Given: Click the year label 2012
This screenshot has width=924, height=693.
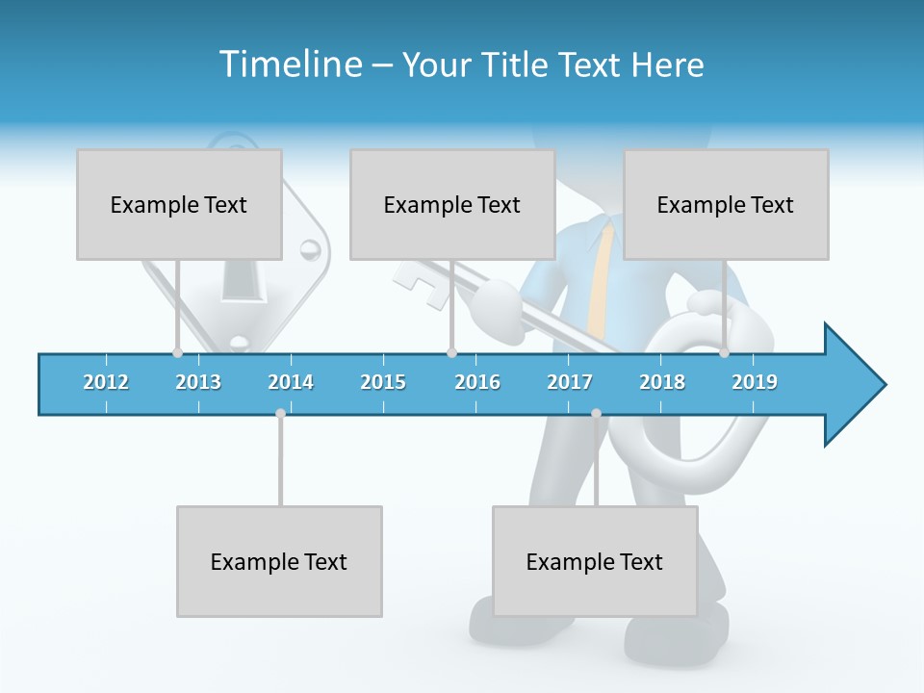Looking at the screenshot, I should [x=106, y=383].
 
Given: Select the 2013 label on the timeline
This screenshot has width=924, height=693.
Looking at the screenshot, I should [x=198, y=383].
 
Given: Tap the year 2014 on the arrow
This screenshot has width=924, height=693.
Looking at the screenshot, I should [x=291, y=383].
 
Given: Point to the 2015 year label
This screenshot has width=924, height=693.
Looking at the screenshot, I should [x=383, y=383].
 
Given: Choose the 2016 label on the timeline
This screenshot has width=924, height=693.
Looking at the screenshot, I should [x=477, y=383].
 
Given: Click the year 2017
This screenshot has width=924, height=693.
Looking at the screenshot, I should [x=570, y=383].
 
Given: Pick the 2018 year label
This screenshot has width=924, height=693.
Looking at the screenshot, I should [x=662, y=383].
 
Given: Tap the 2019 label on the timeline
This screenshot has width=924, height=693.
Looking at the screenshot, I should [x=755, y=383].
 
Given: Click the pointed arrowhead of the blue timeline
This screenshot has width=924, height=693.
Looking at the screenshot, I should [x=857, y=385].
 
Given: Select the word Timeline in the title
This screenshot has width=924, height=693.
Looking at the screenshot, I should [x=290, y=64].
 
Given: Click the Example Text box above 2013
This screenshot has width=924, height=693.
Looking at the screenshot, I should [x=179, y=204].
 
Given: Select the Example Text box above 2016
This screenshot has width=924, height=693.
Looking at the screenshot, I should [x=452, y=204].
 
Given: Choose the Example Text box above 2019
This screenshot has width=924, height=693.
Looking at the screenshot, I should [x=726, y=204].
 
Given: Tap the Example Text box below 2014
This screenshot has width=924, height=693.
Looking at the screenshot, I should [x=279, y=561].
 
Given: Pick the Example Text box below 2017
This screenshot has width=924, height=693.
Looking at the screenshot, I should [x=595, y=561].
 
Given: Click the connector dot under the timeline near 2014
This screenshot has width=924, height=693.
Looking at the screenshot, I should [x=280, y=413].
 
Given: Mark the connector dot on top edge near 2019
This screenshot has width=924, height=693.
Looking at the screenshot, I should [x=724, y=353].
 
